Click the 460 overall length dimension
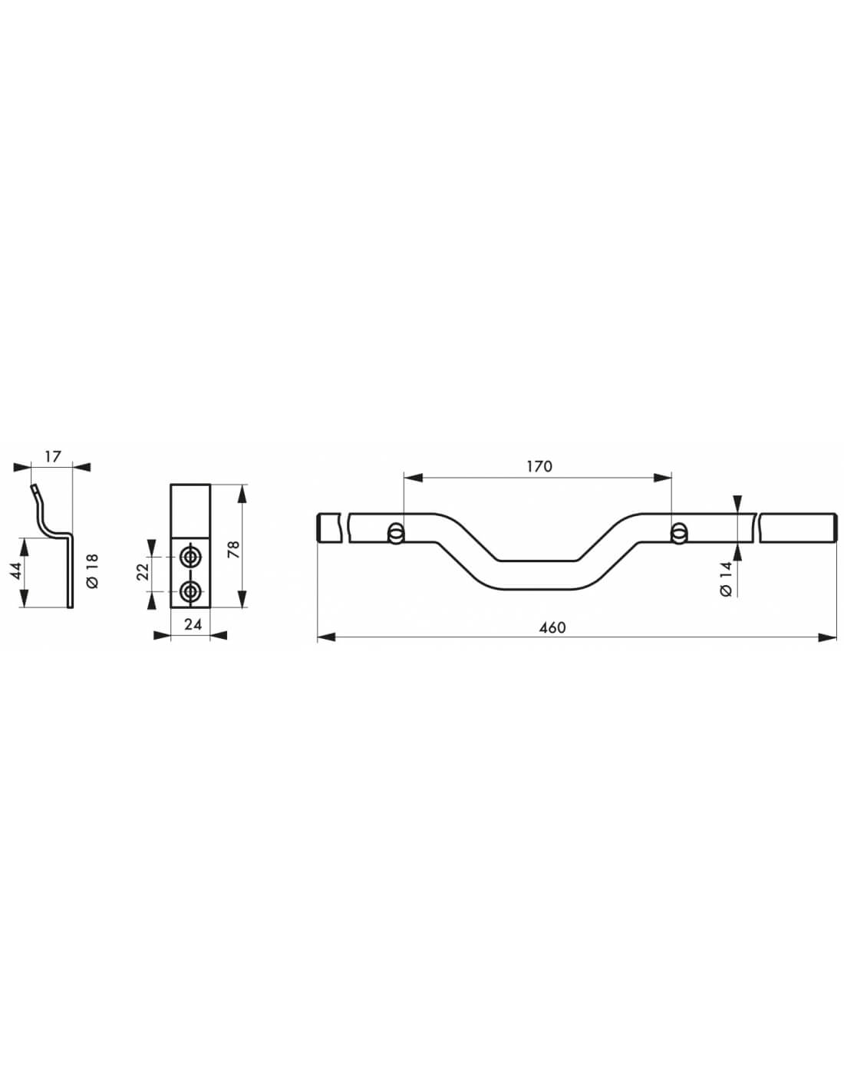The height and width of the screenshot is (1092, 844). pos(552,627)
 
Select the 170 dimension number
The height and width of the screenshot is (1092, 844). pos(539,466)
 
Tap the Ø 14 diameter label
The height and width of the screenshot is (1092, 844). pos(727,578)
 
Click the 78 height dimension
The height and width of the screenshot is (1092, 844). pos(234,548)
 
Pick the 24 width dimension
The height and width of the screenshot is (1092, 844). pos(193,624)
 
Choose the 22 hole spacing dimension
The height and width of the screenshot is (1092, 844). pos(143,572)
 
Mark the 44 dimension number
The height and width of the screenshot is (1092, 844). pos(16,572)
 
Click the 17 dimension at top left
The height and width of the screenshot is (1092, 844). pos(52,456)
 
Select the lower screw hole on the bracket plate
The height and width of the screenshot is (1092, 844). pos(190,591)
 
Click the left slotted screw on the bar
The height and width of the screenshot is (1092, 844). pos(396,533)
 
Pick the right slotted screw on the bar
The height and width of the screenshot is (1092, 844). pos(678,533)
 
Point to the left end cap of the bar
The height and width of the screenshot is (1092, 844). pos(319,528)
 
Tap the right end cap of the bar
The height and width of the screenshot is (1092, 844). pos(833,528)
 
